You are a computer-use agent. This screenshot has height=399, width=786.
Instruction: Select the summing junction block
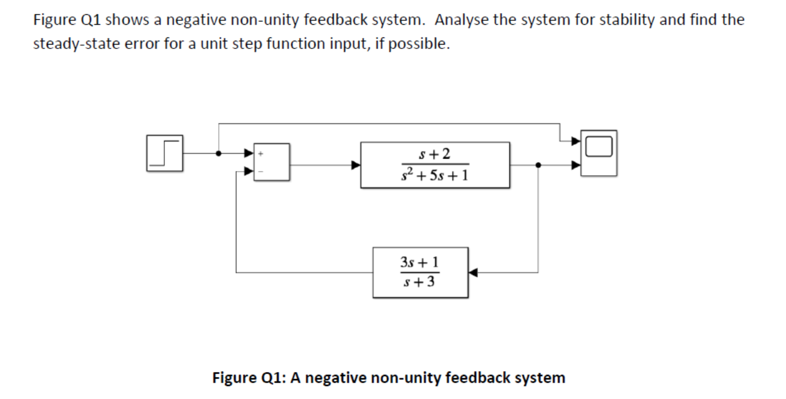[x=271, y=161]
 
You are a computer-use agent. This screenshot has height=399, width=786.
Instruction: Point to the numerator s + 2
[x=435, y=154]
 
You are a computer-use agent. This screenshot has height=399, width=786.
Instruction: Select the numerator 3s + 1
[x=420, y=262]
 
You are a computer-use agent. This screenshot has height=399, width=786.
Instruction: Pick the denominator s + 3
[x=421, y=283]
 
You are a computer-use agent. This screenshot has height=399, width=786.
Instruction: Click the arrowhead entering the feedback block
[x=474, y=272]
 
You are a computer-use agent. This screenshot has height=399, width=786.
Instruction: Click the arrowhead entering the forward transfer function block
[x=356, y=164]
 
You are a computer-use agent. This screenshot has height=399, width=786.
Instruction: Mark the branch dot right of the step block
[x=219, y=154]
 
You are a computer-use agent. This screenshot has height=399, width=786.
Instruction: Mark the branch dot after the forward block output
[x=538, y=164]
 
